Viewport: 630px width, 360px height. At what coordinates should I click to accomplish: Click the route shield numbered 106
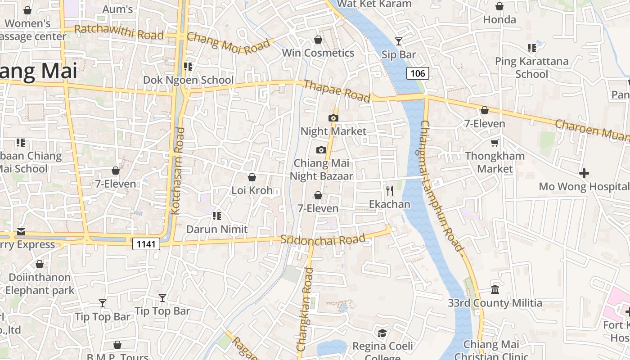click(x=418, y=73)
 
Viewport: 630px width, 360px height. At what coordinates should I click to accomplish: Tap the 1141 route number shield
click(x=146, y=244)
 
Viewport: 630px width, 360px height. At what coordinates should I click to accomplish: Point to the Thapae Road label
click(x=337, y=91)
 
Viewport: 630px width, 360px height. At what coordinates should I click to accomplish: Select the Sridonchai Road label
click(x=323, y=239)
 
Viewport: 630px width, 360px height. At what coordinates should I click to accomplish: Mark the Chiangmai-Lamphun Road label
click(x=441, y=186)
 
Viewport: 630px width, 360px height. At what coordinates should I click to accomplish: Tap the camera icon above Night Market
click(x=333, y=118)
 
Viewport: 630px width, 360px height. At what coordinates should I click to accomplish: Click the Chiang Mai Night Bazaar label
click(x=321, y=170)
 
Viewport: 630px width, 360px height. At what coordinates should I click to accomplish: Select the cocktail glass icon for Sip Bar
click(x=399, y=41)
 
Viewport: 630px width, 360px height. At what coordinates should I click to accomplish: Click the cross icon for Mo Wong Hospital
click(x=584, y=173)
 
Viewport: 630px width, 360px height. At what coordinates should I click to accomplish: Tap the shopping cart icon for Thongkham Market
click(x=495, y=143)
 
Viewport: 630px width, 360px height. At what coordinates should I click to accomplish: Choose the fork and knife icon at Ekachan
click(x=390, y=191)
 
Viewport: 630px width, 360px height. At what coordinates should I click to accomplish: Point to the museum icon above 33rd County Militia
click(x=495, y=289)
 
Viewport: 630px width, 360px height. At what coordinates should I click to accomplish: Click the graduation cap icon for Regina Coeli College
click(x=382, y=333)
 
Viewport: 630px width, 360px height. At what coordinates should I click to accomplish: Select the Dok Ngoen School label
click(x=188, y=80)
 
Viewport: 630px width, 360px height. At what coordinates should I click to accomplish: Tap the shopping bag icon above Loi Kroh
click(x=252, y=177)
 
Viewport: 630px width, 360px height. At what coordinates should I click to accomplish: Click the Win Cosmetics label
click(x=318, y=53)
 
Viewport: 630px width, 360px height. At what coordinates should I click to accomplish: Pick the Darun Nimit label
click(x=217, y=229)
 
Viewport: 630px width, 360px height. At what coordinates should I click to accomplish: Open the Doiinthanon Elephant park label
click(x=40, y=283)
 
